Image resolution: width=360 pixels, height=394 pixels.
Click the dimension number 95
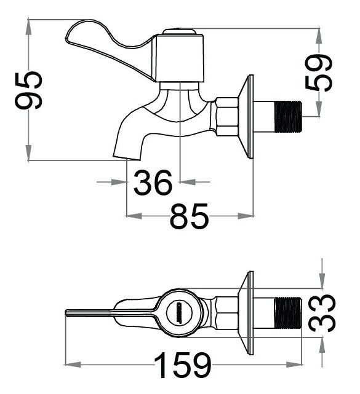pyautogui.click(x=29, y=90)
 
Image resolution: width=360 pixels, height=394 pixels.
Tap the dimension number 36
pyautogui.click(x=153, y=183)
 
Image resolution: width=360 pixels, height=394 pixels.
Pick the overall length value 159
pyautogui.click(x=183, y=366)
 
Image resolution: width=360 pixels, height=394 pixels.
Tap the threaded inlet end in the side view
pyautogui.click(x=288, y=116)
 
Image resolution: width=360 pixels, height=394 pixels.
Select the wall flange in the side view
pyautogui.click(x=248, y=116)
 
